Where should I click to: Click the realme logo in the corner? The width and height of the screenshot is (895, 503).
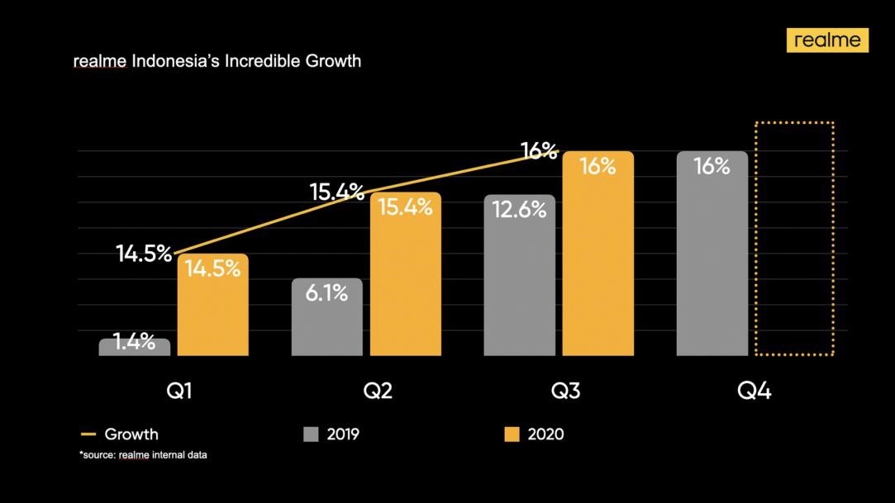tap(827, 40)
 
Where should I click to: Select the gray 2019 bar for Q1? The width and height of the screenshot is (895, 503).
tap(135, 348)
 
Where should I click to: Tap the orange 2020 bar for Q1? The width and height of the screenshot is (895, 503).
tap(212, 306)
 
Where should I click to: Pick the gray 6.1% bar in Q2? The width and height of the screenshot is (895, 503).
tap(326, 318)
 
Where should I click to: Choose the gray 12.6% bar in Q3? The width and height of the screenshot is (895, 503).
tap(520, 276)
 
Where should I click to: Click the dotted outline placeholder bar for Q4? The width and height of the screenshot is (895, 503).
tap(794, 240)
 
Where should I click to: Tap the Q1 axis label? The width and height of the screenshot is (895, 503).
tap(179, 391)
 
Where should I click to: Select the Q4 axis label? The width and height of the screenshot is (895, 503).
tap(754, 391)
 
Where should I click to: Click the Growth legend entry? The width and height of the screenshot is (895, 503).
tap(120, 434)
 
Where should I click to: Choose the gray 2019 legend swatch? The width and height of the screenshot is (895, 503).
tap(312, 434)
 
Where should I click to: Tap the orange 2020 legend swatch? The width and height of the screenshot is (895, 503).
tap(512, 434)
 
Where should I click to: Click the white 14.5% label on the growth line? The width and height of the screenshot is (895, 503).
tap(144, 254)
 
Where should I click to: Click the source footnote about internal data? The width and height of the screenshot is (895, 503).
tap(143, 455)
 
